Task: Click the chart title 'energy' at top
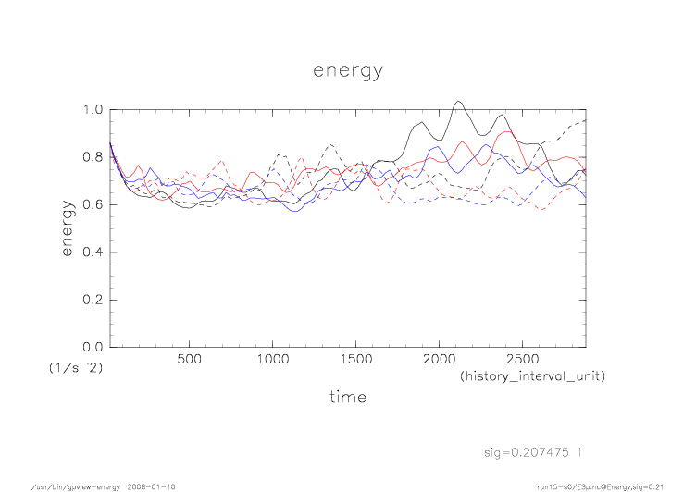(x=347, y=69)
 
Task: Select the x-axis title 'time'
(x=348, y=397)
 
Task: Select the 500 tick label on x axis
(x=190, y=360)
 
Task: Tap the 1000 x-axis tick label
(x=272, y=360)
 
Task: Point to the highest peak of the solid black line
(x=458, y=101)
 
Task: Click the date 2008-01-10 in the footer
(x=153, y=486)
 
